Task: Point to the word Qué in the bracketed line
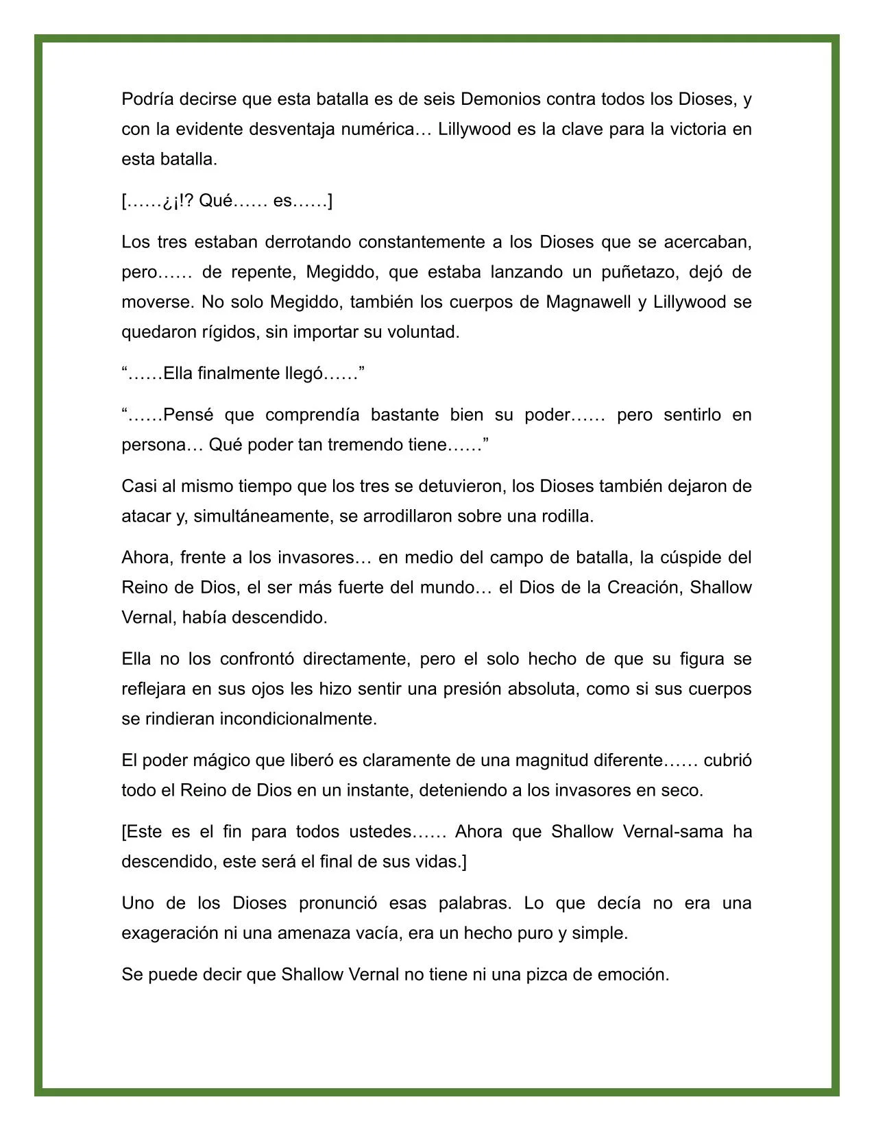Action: click(216, 201)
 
